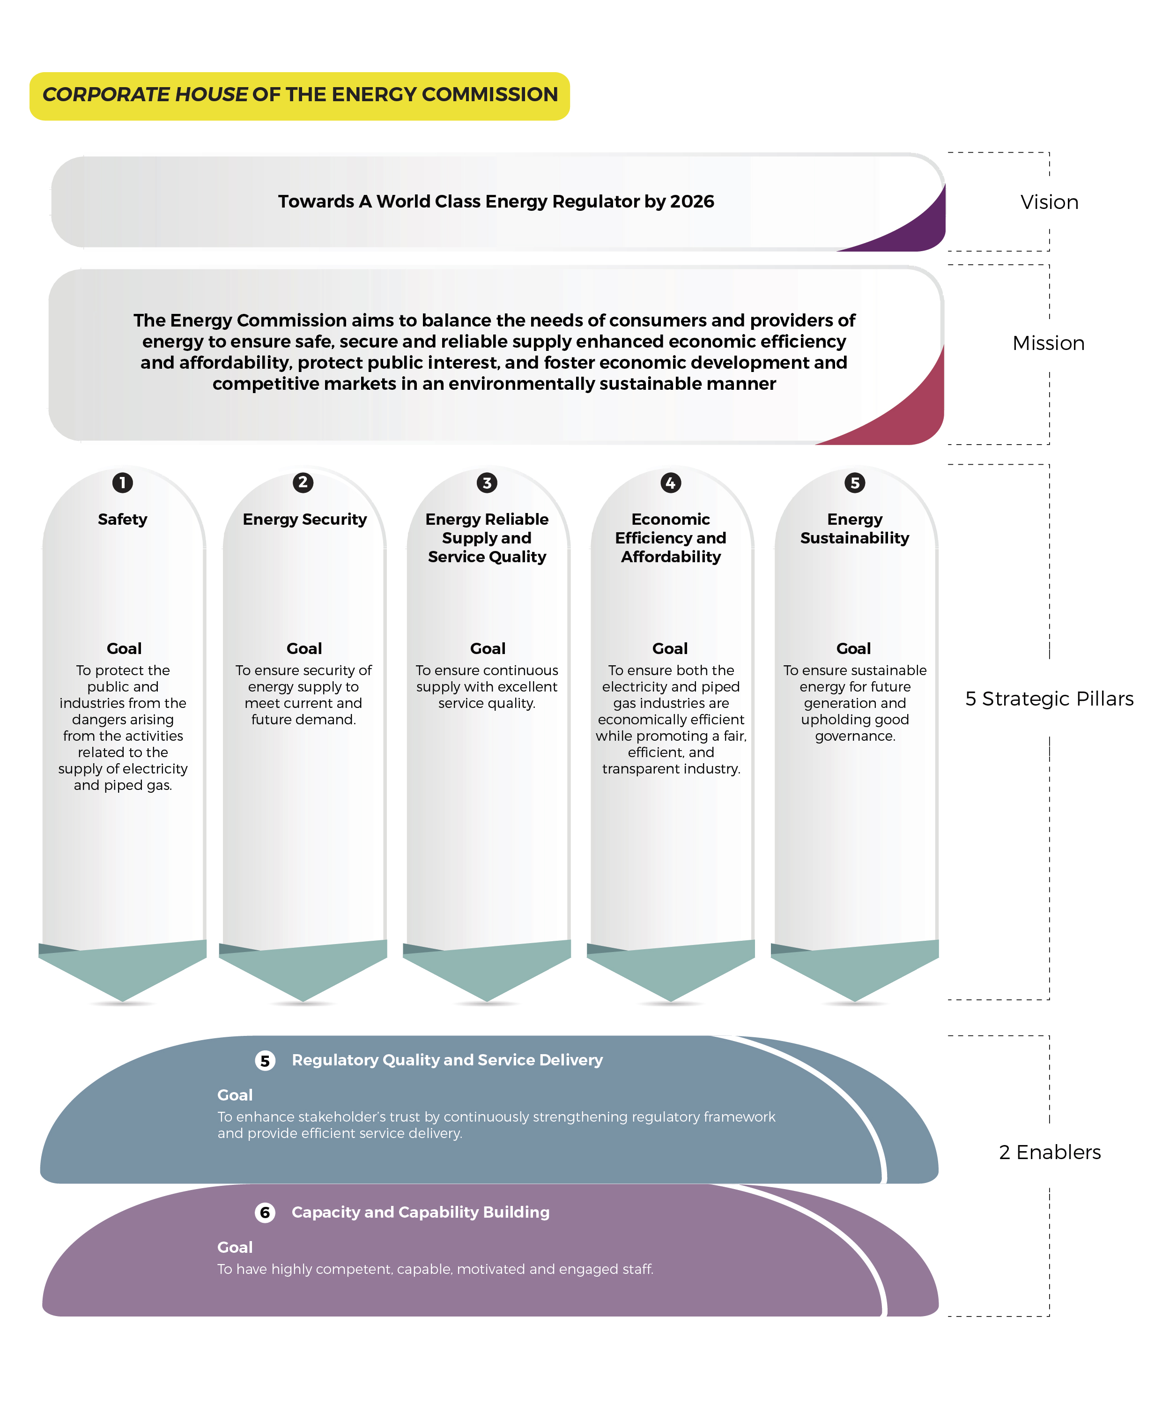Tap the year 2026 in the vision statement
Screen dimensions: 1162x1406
pos(692,201)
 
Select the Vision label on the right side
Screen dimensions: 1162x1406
pos(1049,202)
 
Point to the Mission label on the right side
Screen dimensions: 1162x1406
pos(1048,343)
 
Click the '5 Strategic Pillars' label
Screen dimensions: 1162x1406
pos(1049,698)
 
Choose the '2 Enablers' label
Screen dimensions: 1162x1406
pos(1050,1152)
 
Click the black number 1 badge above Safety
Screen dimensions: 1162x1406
pos(123,483)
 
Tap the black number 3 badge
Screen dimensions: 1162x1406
pos(487,483)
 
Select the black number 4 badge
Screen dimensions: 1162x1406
pos(671,483)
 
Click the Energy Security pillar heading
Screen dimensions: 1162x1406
pos(304,520)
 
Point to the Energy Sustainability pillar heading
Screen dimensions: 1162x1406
pos(855,528)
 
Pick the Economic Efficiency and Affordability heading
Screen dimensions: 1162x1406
pos(671,538)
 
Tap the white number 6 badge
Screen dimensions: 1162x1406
pos(265,1213)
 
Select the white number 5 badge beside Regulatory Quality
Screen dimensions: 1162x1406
pos(265,1061)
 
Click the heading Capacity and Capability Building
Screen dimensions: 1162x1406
pos(421,1213)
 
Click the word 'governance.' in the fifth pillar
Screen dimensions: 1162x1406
pos(855,736)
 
